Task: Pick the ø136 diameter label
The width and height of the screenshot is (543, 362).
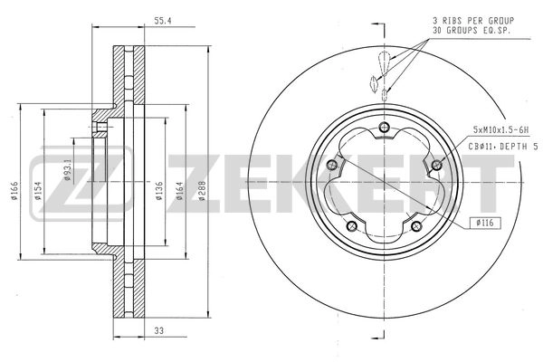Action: [x=159, y=192]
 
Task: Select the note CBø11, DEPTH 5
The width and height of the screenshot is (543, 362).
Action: [x=501, y=147]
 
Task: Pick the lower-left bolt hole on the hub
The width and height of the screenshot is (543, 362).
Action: [x=351, y=225]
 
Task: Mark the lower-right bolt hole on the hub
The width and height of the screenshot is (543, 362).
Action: [x=415, y=225]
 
